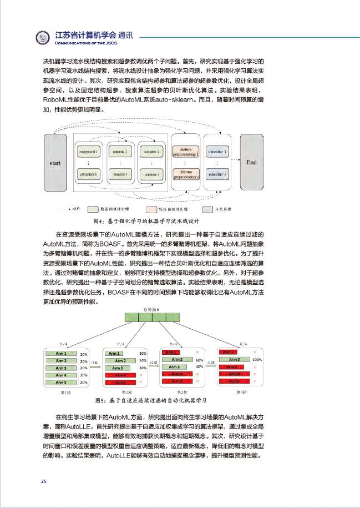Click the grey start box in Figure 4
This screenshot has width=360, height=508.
(55, 163)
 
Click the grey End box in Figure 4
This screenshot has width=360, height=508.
(252, 162)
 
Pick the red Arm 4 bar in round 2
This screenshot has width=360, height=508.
(120, 375)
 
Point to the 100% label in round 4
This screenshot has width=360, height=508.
(257, 360)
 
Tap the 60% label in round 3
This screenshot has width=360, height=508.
(199, 360)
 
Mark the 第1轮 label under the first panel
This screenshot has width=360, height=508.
(65, 392)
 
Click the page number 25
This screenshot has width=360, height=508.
(44, 481)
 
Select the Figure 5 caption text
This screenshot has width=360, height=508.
(151, 400)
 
